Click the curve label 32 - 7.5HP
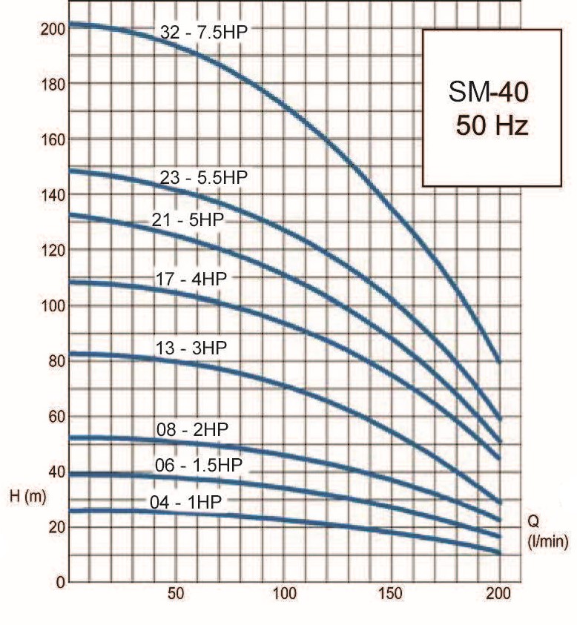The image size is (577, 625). click(x=204, y=32)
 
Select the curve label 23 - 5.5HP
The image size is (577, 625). click(x=204, y=177)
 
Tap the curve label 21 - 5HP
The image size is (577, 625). click(x=188, y=219)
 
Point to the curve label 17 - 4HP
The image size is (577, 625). click(x=191, y=279)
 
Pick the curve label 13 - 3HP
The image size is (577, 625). click(x=191, y=348)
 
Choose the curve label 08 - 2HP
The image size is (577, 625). click(x=192, y=430)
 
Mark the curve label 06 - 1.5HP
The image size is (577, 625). click(x=199, y=465)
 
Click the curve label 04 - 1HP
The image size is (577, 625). click(x=185, y=502)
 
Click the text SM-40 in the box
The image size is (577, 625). click(x=489, y=92)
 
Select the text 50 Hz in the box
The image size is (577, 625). click(x=492, y=125)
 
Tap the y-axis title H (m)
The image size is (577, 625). click(x=28, y=496)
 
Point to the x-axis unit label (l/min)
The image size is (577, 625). click(x=548, y=542)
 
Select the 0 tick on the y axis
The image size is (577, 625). click(x=60, y=583)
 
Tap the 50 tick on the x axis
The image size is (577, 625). click(x=176, y=594)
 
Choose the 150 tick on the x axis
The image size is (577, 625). click(x=391, y=594)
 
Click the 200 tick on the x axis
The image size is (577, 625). click(x=499, y=594)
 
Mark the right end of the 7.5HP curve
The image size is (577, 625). click(x=499, y=361)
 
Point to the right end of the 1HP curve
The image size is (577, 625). click(x=499, y=553)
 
